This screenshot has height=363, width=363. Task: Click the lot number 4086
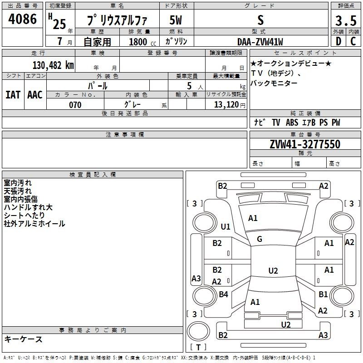click(22, 19)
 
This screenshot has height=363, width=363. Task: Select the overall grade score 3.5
click(346, 21)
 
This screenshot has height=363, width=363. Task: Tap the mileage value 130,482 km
click(53, 65)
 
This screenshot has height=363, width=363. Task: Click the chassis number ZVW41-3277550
click(305, 144)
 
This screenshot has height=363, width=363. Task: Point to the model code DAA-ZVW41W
click(260, 42)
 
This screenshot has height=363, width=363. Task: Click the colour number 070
click(75, 105)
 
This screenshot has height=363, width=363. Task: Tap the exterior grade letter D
click(338, 41)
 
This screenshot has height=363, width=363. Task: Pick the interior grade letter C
click(353, 41)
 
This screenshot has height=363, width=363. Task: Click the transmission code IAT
click(13, 95)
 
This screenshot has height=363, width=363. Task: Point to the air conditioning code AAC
click(35, 95)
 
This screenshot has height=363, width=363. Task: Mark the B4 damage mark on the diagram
click(223, 294)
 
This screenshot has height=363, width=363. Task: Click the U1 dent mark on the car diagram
click(226, 226)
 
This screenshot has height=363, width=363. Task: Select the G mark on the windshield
click(260, 239)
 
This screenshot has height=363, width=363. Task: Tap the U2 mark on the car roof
click(273, 270)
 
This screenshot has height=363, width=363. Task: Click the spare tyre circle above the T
click(198, 331)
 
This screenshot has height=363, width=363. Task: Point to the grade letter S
click(260, 20)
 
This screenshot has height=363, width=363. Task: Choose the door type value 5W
click(176, 20)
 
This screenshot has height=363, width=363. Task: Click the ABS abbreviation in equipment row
click(292, 123)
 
